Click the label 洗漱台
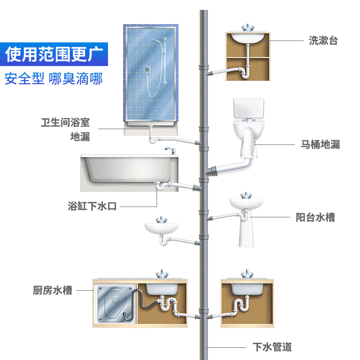(x=323, y=40)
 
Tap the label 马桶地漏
(x=320, y=144)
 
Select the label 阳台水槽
(x=315, y=217)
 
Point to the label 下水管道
(x=272, y=347)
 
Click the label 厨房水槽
(x=53, y=290)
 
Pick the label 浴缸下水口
(x=92, y=207)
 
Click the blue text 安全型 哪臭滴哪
(x=54, y=78)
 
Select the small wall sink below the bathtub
(x=162, y=228)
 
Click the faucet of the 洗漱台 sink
(x=247, y=28)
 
